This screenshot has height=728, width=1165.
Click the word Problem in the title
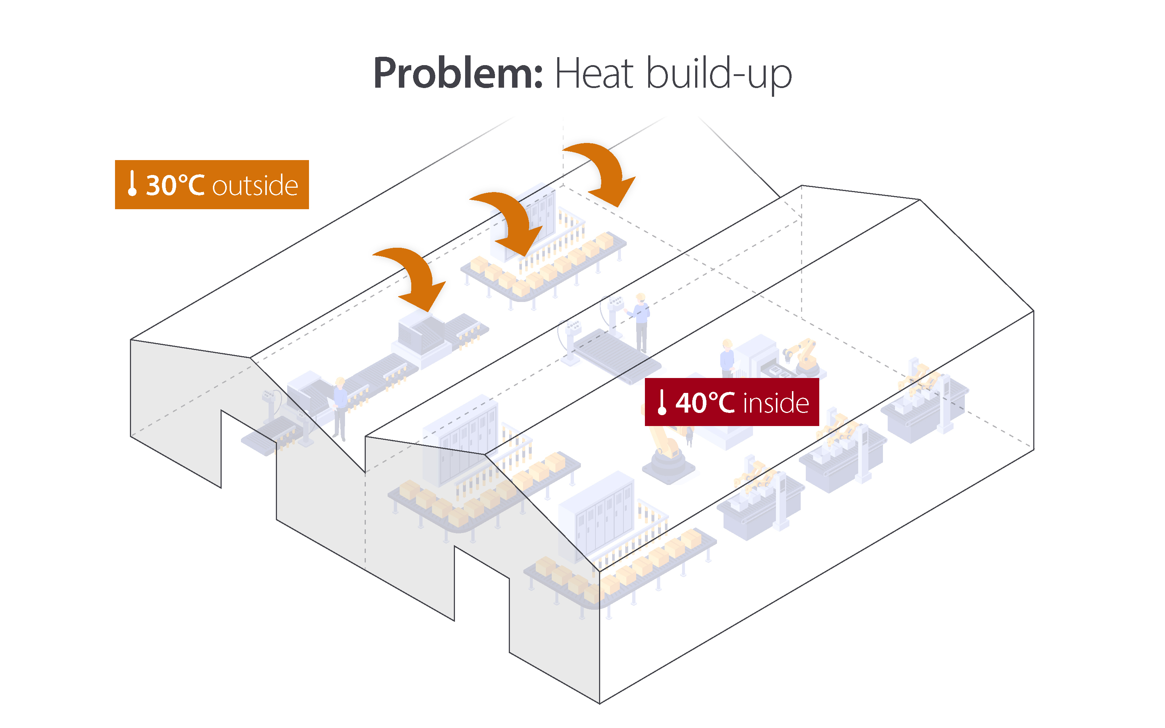coord(457,73)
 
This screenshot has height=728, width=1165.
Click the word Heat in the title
coord(593,73)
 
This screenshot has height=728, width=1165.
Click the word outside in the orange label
coord(255,186)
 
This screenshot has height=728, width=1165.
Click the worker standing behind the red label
coord(727,359)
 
